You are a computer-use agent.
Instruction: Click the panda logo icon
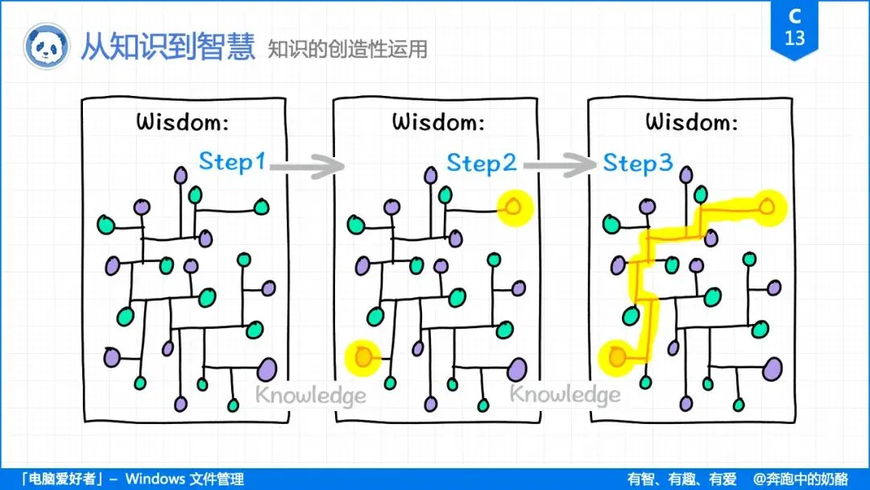(46, 47)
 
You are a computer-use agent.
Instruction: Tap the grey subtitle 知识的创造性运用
(348, 49)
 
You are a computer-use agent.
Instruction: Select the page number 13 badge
(795, 29)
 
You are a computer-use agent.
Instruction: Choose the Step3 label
(638, 164)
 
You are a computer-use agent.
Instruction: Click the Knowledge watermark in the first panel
(311, 395)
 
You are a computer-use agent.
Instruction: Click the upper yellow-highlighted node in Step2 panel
(515, 207)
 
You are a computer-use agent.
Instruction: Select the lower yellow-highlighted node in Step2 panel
(363, 355)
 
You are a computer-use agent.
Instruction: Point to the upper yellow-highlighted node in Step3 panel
(768, 207)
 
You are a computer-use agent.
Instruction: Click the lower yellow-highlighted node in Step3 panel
(618, 355)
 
